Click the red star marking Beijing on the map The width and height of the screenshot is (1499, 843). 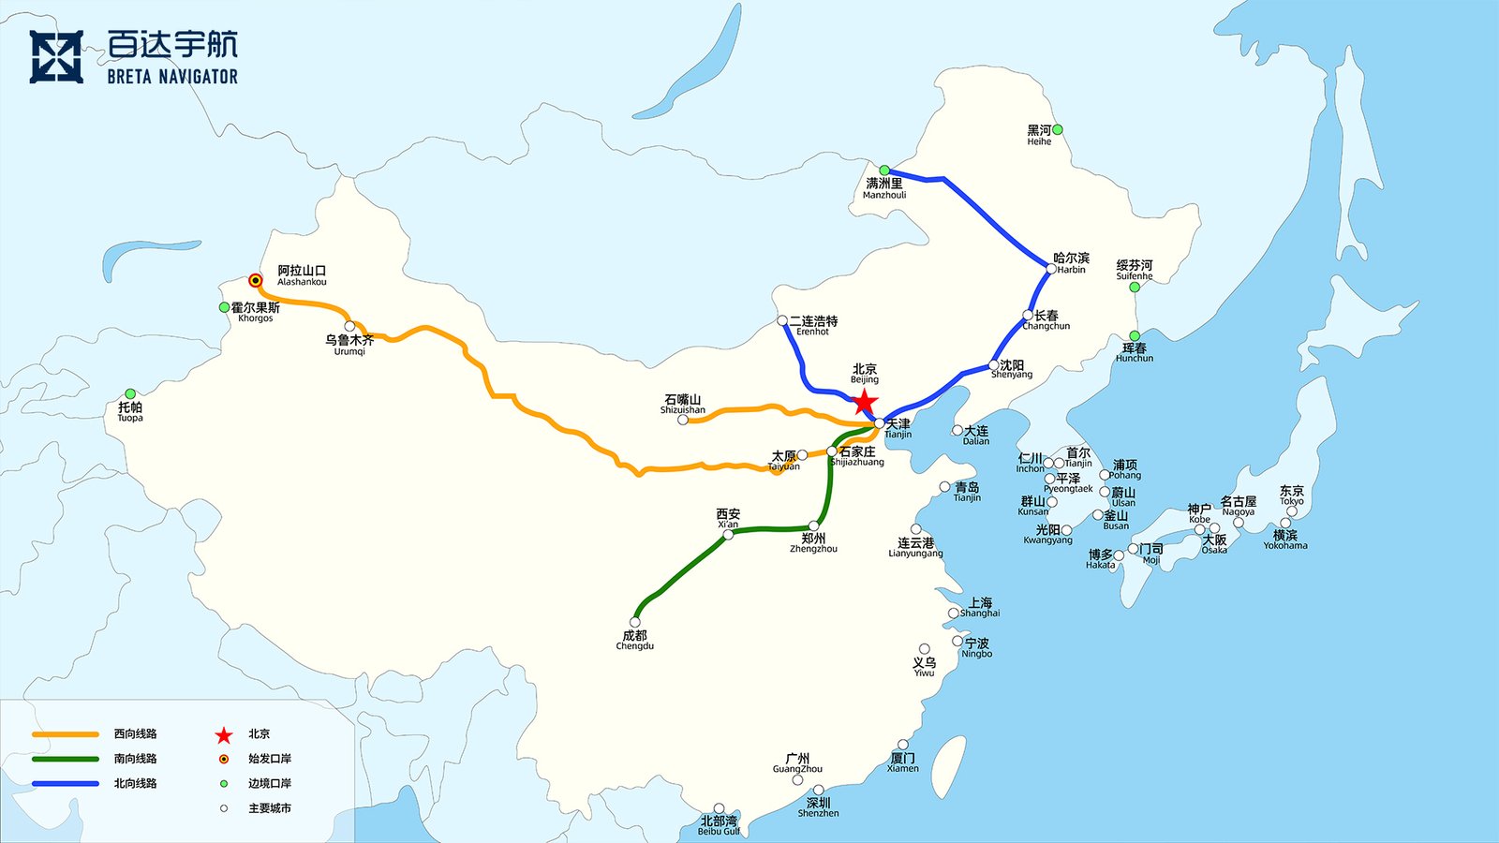coord(864,403)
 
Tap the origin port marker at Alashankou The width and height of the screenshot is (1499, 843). coord(255,280)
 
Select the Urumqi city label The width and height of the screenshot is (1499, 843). coord(349,345)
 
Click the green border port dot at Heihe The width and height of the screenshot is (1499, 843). coord(1057,129)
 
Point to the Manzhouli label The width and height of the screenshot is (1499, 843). coord(884,188)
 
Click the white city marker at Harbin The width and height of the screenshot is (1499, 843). coord(1051,269)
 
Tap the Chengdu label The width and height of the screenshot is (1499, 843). coord(635,640)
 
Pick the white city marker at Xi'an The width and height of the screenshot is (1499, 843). coord(728,535)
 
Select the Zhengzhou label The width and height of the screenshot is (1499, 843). coord(813,543)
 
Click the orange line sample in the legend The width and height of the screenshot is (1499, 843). coord(66,734)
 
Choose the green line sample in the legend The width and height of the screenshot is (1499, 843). coord(66,759)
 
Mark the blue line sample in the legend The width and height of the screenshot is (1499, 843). coord(66,783)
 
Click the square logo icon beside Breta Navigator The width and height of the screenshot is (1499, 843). coord(56,57)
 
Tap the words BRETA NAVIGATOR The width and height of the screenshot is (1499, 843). coord(172,77)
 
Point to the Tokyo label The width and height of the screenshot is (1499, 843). coord(1291,495)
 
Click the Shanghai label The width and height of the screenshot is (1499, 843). coord(980,607)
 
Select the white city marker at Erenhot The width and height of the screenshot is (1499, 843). coord(782,320)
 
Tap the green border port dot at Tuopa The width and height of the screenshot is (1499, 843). coord(130,393)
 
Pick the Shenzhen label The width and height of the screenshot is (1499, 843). coord(818,807)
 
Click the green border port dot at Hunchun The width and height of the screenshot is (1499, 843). coord(1135,335)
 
